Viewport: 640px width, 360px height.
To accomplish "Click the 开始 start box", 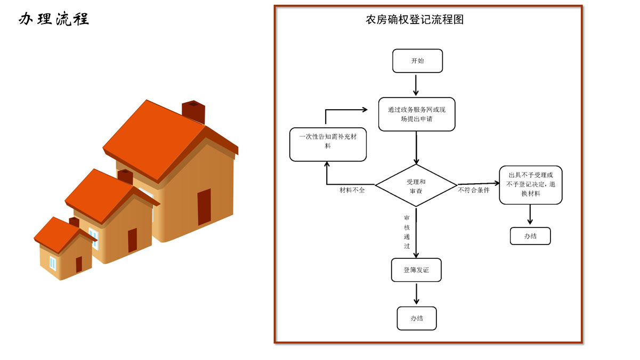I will [417, 61].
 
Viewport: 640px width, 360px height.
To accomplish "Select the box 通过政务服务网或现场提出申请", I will [417, 114].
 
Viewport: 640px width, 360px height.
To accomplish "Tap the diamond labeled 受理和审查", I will [416, 185].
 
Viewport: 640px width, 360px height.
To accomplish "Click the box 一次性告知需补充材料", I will [328, 144].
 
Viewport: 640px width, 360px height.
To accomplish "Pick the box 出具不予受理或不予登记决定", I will [531, 185].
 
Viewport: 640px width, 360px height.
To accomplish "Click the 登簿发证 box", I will [416, 270].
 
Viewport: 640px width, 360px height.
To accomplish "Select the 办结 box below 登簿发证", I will [417, 318].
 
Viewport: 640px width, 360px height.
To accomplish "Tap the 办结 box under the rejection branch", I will [530, 236].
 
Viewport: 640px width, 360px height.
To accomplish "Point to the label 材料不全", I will [352, 190].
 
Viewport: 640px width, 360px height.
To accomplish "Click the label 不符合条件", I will [473, 190].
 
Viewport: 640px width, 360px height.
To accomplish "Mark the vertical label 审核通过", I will [407, 232].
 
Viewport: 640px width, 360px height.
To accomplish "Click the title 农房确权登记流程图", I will [415, 20].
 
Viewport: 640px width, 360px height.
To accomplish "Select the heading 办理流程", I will [54, 19].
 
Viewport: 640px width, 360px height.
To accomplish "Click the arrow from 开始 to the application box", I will [417, 84].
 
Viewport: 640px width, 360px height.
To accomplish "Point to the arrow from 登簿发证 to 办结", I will [417, 293].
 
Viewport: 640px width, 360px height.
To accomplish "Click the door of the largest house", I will [204, 207].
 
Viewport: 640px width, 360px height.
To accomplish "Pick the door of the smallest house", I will [79, 264].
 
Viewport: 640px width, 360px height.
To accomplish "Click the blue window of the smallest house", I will [53, 263].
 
